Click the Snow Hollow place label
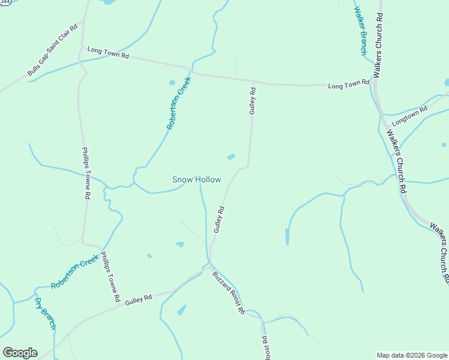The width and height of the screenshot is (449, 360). pyautogui.click(x=196, y=179)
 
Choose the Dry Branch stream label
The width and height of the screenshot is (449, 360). pyautogui.click(x=45, y=313)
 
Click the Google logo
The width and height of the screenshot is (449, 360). pyautogui.click(x=20, y=353)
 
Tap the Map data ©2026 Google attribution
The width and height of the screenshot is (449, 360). pyautogui.click(x=412, y=355)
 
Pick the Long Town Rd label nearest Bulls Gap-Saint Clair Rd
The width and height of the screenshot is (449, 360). pyautogui.click(x=108, y=53)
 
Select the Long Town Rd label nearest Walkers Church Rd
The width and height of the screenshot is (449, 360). pyautogui.click(x=348, y=85)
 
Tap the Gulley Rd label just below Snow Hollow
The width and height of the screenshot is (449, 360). pyautogui.click(x=219, y=220)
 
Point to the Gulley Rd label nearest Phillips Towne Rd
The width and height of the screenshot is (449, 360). pyautogui.click(x=139, y=299)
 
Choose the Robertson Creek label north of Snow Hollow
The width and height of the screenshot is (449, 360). pyautogui.click(x=178, y=103)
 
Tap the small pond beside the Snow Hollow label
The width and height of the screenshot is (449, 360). pyautogui.click(x=231, y=157)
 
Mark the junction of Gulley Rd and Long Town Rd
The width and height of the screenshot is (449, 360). pyautogui.click(x=253, y=81)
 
